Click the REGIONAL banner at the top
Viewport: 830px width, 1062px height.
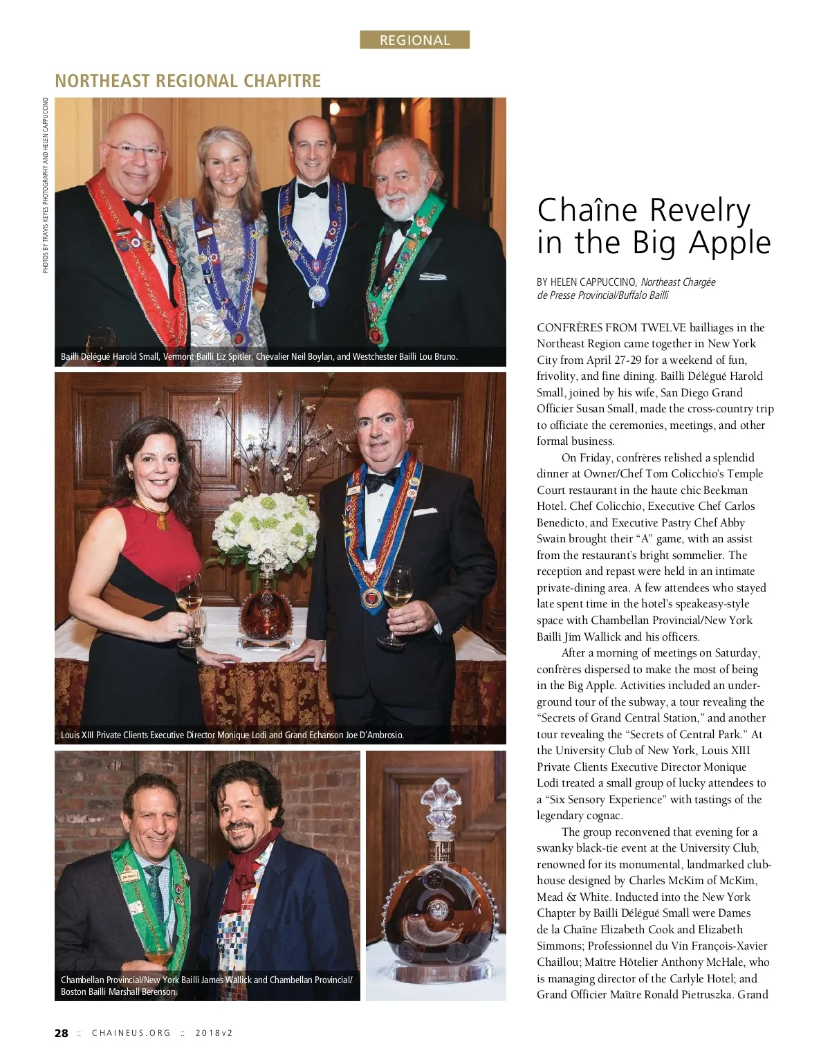pyautogui.click(x=414, y=40)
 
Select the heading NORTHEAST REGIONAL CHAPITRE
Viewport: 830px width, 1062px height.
pyautogui.click(x=187, y=81)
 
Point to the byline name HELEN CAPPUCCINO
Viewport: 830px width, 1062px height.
pyautogui.click(x=593, y=282)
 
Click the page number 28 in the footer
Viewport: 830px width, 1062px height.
pyautogui.click(x=62, y=1033)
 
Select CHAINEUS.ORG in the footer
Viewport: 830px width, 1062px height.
pyautogui.click(x=131, y=1033)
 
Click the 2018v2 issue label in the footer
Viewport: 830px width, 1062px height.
pyautogui.click(x=214, y=1033)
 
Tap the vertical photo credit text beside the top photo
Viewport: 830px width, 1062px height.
pyautogui.click(x=46, y=185)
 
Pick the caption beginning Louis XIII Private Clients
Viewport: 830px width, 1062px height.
pyautogui.click(x=232, y=735)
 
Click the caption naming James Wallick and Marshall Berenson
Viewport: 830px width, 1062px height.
pyautogui.click(x=207, y=986)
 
